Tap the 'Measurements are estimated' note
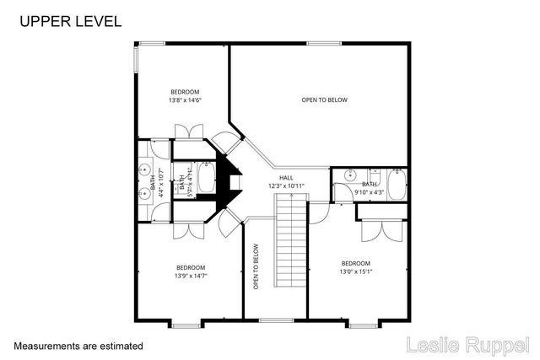tap(78, 346)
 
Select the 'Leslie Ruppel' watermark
tap(469, 345)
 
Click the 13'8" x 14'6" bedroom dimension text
tap(185, 100)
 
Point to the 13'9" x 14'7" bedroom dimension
tap(191, 275)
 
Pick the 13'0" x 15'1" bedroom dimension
tap(355, 271)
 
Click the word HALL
tap(286, 178)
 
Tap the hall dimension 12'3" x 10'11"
tap(286, 185)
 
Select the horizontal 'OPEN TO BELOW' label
tap(324, 100)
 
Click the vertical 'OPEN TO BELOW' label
tap(256, 267)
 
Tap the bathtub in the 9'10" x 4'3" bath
tap(397, 185)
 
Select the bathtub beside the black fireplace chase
tap(207, 179)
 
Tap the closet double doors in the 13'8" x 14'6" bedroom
tap(186, 132)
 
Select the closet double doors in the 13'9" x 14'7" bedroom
tap(186, 232)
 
